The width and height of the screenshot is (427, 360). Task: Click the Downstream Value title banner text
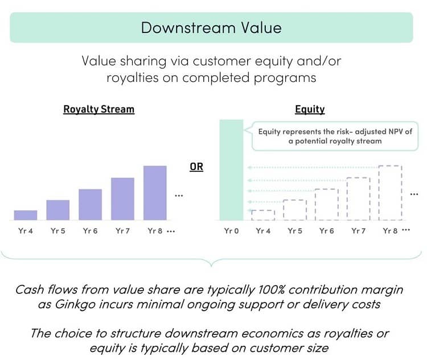click(x=211, y=28)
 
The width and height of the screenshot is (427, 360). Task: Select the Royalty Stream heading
click(x=99, y=109)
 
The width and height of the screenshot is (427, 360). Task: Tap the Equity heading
click(x=310, y=109)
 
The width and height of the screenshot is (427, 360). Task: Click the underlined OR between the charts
click(x=196, y=167)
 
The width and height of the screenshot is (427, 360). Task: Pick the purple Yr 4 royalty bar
click(x=26, y=215)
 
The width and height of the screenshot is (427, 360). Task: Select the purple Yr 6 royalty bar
click(x=90, y=205)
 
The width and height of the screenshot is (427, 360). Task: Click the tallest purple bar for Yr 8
click(x=155, y=193)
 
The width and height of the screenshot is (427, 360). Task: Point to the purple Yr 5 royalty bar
click(x=58, y=210)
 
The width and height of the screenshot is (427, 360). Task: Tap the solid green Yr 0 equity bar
click(x=231, y=170)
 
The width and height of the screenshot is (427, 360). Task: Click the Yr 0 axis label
click(x=231, y=231)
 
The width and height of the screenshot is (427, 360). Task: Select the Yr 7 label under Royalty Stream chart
click(x=122, y=231)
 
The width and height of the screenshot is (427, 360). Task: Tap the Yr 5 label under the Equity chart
click(x=295, y=231)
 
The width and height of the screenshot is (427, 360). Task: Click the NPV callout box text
click(x=335, y=136)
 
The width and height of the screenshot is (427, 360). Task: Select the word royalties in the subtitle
click(x=133, y=78)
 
